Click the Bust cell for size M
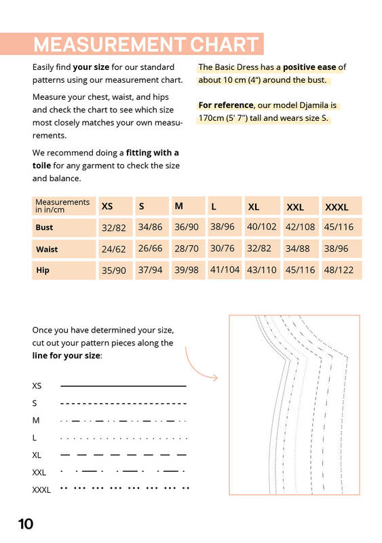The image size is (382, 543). pos(187,227)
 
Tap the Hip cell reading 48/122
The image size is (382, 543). pos(339,269)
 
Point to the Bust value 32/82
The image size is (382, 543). pos(113,228)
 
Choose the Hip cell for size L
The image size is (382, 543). pos(225,269)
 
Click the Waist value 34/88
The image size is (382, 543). pos(297,248)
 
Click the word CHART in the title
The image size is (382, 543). pos(224,44)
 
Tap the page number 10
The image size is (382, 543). pos(26,524)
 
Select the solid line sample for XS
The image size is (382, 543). pos(123,386)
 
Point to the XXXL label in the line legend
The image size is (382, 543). pos(41,489)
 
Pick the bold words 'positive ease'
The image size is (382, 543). pos(309,67)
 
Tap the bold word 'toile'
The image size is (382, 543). pos(41,166)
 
